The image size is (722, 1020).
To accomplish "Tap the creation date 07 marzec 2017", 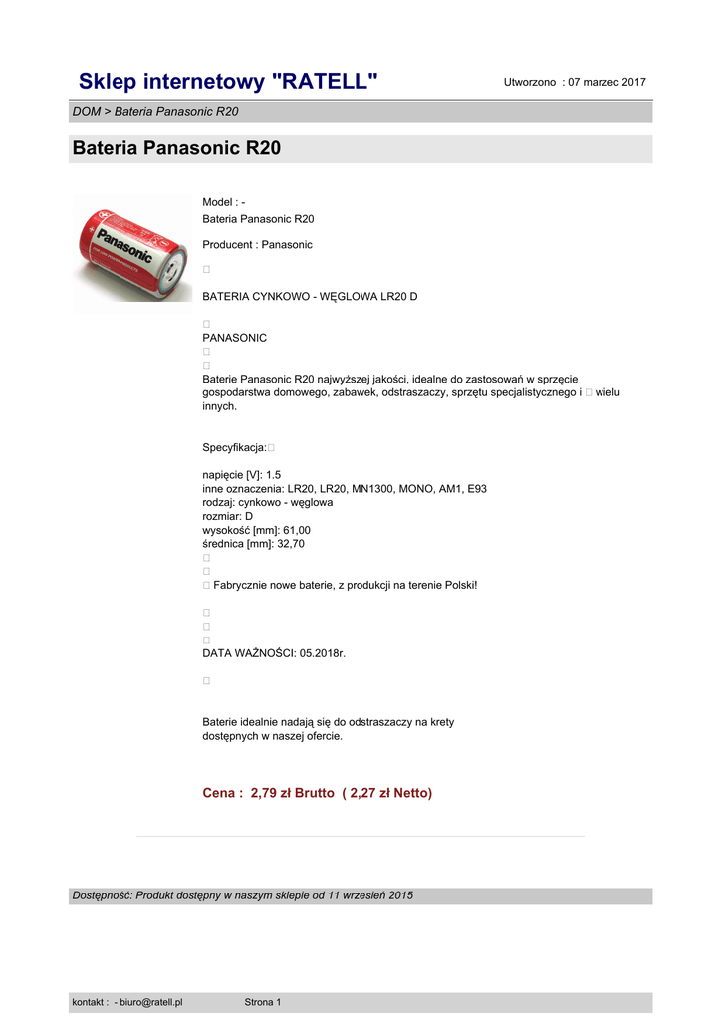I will pyautogui.click(x=606, y=82).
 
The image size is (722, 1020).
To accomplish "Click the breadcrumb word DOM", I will pyautogui.click(x=86, y=112).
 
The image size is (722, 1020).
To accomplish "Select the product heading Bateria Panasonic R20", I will pyautogui.click(x=176, y=149).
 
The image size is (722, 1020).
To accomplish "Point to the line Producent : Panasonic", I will pyautogui.click(x=257, y=245).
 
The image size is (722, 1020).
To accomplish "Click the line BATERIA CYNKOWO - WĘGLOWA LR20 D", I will pyautogui.click(x=310, y=297).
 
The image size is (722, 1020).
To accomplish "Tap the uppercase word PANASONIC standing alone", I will pyautogui.click(x=234, y=338).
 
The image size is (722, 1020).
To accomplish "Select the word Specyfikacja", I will pyautogui.click(x=234, y=448).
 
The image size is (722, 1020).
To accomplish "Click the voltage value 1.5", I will pyautogui.click(x=274, y=476).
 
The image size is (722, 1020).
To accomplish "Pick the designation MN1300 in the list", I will pyautogui.click(x=372, y=490).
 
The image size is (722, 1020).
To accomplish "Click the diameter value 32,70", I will pyautogui.click(x=291, y=545).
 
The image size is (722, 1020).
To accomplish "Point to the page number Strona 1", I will pyautogui.click(x=263, y=1002).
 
